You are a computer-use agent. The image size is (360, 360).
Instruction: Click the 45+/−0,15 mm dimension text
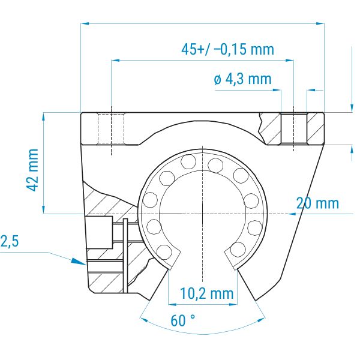[x=227, y=49]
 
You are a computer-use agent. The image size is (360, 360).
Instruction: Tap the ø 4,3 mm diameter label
[x=242, y=79]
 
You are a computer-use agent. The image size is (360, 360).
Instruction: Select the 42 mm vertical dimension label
[x=32, y=170]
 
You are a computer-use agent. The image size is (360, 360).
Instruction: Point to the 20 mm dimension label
[x=317, y=203]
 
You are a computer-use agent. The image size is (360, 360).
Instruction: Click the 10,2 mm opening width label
[x=206, y=293]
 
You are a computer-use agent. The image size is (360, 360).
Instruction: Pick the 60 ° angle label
[x=182, y=320]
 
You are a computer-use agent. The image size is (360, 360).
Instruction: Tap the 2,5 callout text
[x=10, y=242]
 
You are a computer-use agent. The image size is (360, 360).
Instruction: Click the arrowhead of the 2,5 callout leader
[x=79, y=262]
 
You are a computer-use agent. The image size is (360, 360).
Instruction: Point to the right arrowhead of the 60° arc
[x=261, y=320]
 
